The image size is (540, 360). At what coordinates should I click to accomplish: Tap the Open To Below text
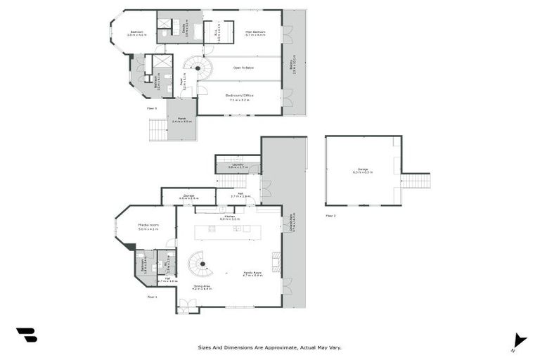coord(240,68)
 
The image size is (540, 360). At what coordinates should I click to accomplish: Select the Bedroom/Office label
coord(240,96)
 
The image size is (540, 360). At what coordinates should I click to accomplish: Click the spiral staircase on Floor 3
coord(200,70)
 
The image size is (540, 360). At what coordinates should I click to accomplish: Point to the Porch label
coord(181,120)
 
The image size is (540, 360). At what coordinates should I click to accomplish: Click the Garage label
coord(363,170)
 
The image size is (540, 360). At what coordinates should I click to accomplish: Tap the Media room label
coord(148,226)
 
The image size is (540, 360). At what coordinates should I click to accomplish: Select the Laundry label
coord(236,165)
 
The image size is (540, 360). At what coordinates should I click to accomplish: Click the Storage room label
coord(188,196)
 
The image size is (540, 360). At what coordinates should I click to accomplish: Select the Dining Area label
coord(202,287)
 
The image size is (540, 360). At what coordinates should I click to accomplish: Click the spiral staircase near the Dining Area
coord(200,265)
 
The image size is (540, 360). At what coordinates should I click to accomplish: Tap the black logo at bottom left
coord(26,335)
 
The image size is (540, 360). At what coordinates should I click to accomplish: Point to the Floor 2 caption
coord(330,216)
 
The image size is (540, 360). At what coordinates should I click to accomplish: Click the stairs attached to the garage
coord(415,181)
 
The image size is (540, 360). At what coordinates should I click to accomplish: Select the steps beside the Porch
coord(157,130)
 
